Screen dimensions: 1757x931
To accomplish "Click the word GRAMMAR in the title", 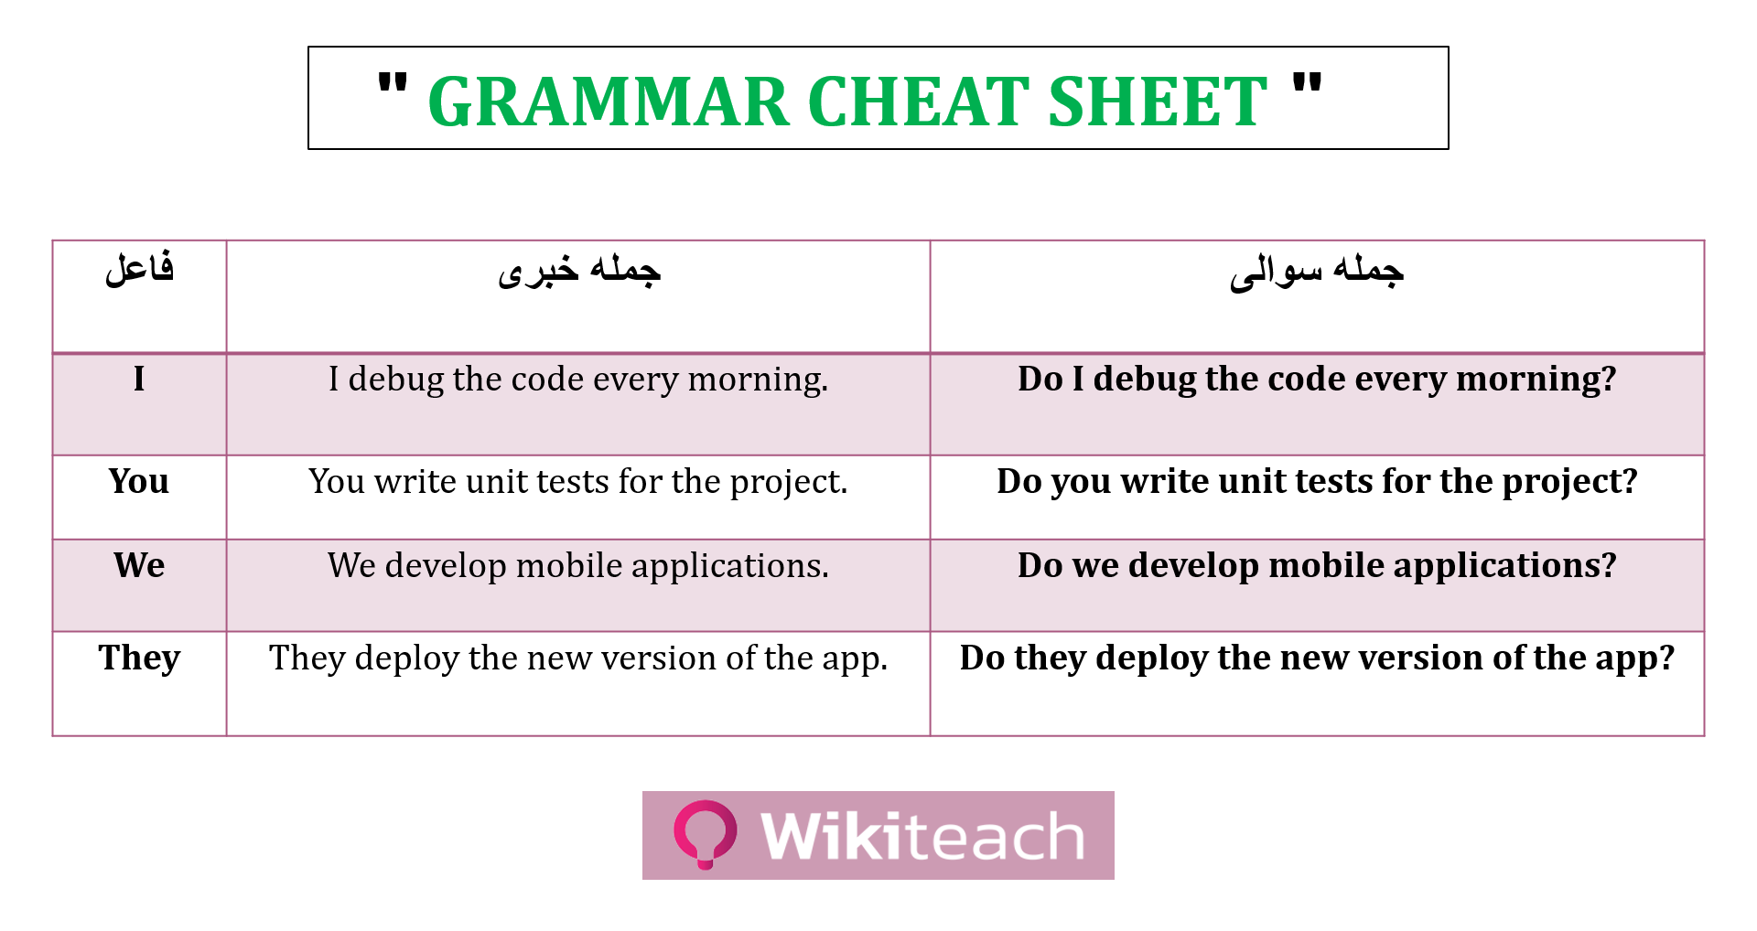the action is pos(609,101).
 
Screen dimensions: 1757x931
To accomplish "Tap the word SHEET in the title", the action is pos(1157,101).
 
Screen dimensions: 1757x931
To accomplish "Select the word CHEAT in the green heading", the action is pos(919,101).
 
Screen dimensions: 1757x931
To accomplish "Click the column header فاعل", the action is pos(139,269).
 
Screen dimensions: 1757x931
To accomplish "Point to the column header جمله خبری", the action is pos(578,271).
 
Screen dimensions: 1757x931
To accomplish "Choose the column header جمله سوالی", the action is pos(1316,271).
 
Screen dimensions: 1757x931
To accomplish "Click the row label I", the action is pos(139,379).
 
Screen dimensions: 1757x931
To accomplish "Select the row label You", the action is pos(139,481).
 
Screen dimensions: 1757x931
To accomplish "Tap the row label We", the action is pos(139,565).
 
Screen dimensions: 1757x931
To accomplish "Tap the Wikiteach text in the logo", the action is pos(922,836).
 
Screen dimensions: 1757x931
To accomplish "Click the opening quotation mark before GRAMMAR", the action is pos(393,85).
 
